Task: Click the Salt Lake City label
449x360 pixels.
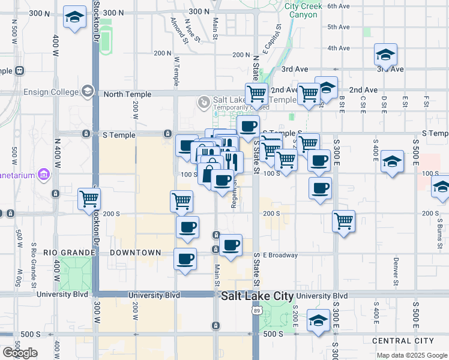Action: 258,296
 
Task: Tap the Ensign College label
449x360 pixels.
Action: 51,92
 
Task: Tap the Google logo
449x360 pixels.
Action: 20,353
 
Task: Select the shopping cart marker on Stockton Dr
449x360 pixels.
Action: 89,199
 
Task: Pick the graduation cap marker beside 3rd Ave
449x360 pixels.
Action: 385,55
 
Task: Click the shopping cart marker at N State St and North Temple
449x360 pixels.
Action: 257,93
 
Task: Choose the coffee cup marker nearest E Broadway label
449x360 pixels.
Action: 231,244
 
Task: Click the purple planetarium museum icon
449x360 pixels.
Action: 43,175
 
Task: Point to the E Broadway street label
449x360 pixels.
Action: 280,255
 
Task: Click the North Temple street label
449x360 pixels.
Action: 124,94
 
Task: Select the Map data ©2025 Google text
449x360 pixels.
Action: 411,355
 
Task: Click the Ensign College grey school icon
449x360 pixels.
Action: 88,91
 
